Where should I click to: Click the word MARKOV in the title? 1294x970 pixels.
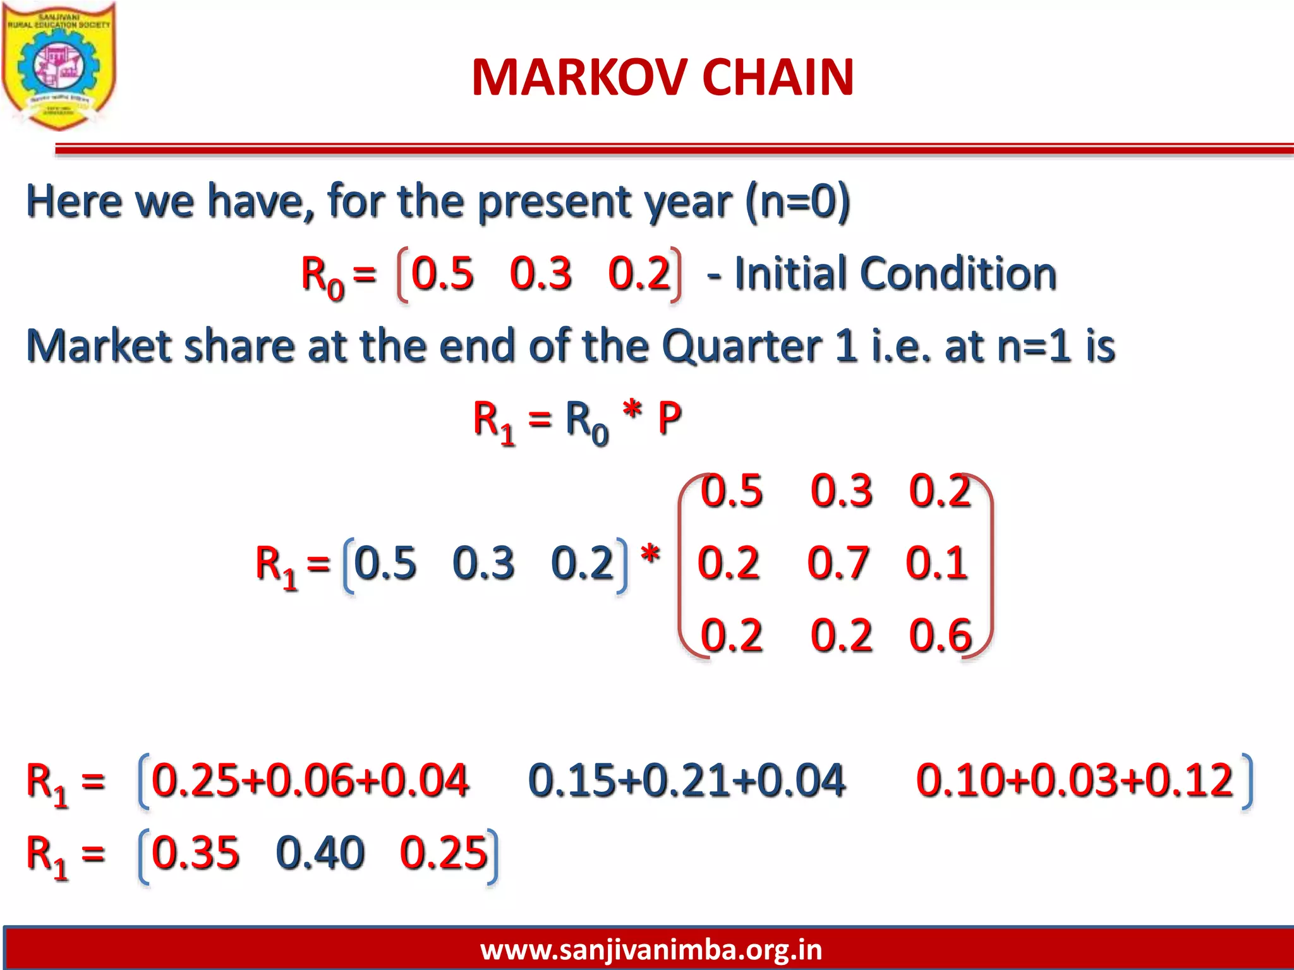point(579,77)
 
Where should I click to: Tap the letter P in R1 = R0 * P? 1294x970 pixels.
point(670,418)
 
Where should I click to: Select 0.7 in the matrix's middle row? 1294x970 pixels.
point(838,563)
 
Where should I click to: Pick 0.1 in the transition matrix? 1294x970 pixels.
point(936,563)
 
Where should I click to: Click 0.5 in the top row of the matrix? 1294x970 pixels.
point(732,491)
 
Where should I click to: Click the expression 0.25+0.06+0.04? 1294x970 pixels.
point(310,780)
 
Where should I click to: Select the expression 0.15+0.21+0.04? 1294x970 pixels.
point(686,780)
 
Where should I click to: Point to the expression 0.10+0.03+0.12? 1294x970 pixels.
point(1074,780)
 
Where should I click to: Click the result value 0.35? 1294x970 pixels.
point(196,853)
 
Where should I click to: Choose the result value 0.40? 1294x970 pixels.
point(320,853)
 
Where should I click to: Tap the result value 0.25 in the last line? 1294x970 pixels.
point(444,853)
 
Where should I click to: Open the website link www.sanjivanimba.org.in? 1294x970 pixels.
point(651,950)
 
